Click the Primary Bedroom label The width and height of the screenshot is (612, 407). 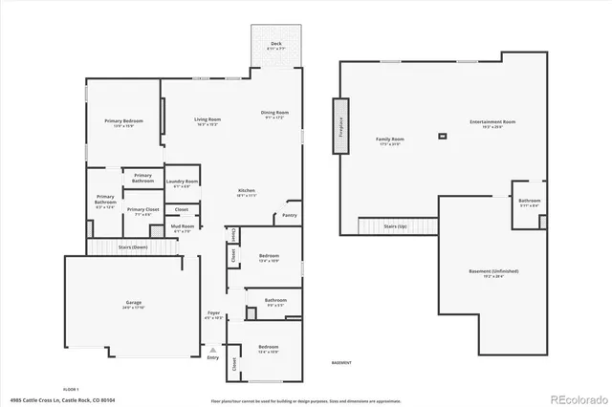click(124, 123)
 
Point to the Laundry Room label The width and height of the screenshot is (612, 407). click(182, 182)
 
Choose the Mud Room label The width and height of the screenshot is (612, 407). click(182, 227)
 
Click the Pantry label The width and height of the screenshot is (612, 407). click(290, 216)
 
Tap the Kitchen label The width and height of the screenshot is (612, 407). click(247, 192)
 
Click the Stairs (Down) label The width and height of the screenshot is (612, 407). click(132, 246)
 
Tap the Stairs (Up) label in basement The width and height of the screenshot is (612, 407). click(396, 226)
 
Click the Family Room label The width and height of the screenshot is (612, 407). click(389, 140)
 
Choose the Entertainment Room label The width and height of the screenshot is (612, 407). click(492, 123)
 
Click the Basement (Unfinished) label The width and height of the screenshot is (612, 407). click(493, 272)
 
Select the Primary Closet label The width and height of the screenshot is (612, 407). click(142, 210)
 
